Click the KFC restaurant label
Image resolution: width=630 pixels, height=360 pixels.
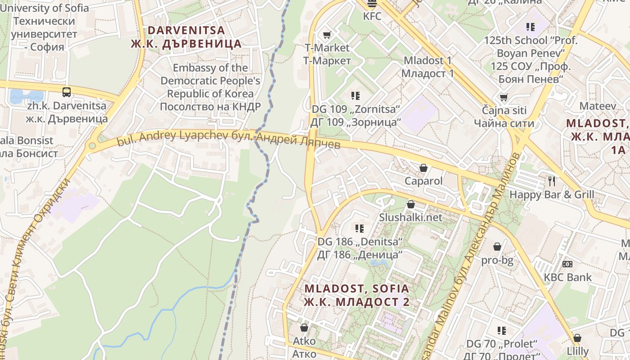click(372, 17)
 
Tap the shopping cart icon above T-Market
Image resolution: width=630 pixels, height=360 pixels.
click(327, 35)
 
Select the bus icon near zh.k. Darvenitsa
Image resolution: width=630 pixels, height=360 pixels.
click(67, 92)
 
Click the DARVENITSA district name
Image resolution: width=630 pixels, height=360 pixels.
click(186, 30)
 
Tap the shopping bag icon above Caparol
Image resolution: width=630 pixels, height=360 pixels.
click(423, 168)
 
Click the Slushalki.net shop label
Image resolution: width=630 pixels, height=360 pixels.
click(410, 217)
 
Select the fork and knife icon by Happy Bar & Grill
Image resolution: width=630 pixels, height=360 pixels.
click(552, 181)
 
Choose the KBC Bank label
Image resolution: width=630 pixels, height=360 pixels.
click(568, 277)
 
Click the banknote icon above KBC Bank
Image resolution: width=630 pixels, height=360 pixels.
click(567, 264)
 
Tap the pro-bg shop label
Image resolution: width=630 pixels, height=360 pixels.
click(497, 260)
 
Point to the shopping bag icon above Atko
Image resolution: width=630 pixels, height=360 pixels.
click(304, 327)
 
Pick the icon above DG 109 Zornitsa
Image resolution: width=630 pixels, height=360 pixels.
click(355, 95)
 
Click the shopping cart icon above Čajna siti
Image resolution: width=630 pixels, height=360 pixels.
click(504, 97)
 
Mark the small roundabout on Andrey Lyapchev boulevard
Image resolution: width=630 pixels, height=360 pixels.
click(92, 146)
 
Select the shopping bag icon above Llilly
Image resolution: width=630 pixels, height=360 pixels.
click(577, 337)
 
